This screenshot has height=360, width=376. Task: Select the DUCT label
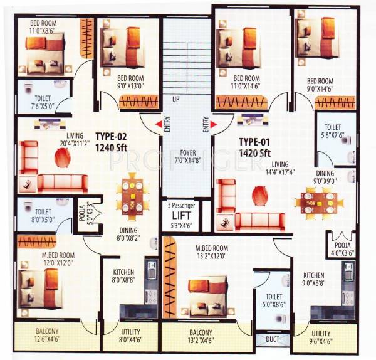[273, 339]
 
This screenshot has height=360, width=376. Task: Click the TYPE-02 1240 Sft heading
[120, 140]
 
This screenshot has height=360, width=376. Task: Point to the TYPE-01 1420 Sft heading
[254, 147]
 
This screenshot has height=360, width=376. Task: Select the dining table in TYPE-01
[318, 201]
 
